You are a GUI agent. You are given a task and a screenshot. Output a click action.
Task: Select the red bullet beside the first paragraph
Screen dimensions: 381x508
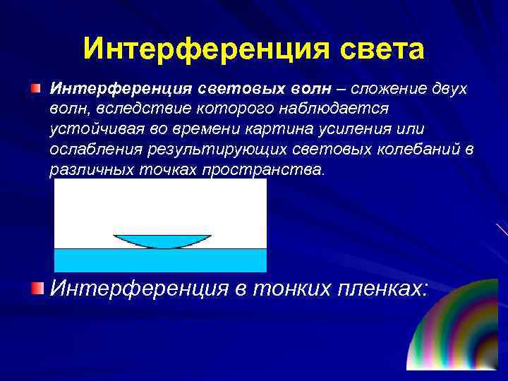pyautogui.click(x=35, y=89)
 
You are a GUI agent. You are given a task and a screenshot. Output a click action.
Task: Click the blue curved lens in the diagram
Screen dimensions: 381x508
pyautogui.click(x=162, y=240)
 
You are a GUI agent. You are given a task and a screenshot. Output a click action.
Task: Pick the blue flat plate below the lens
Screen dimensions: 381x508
pyautogui.click(x=160, y=260)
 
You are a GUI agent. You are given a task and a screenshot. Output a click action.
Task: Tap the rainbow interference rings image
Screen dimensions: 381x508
pyautogui.click(x=459, y=332)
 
